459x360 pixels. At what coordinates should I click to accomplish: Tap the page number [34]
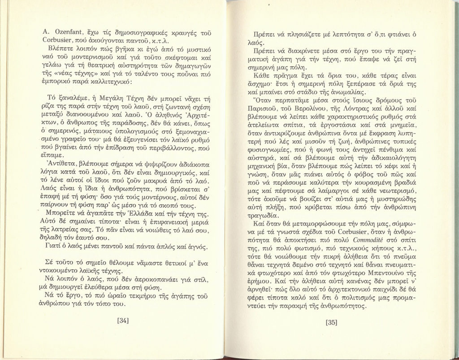pyautogui.click(x=123, y=320)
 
